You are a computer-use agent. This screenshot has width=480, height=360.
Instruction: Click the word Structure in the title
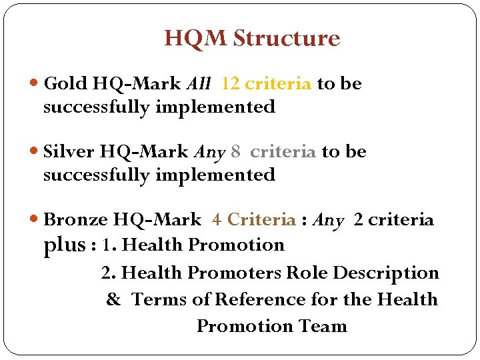(x=287, y=39)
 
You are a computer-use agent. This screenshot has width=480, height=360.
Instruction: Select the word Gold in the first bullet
(x=65, y=84)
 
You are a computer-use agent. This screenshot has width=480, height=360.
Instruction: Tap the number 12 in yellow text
(x=231, y=84)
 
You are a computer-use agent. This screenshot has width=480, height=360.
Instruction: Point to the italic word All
(x=199, y=84)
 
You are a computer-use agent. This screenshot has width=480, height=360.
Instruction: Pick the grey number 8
(x=235, y=152)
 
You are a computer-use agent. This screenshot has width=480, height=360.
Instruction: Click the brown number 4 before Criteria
(x=217, y=219)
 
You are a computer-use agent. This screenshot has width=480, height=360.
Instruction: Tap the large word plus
(x=64, y=245)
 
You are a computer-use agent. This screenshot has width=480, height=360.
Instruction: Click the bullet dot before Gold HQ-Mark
(x=35, y=85)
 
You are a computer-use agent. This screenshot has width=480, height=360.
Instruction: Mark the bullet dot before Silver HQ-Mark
(x=35, y=153)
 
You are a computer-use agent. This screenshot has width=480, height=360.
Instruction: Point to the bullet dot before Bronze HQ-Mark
(x=35, y=220)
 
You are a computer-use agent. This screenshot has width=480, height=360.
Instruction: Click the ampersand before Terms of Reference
(x=114, y=300)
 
